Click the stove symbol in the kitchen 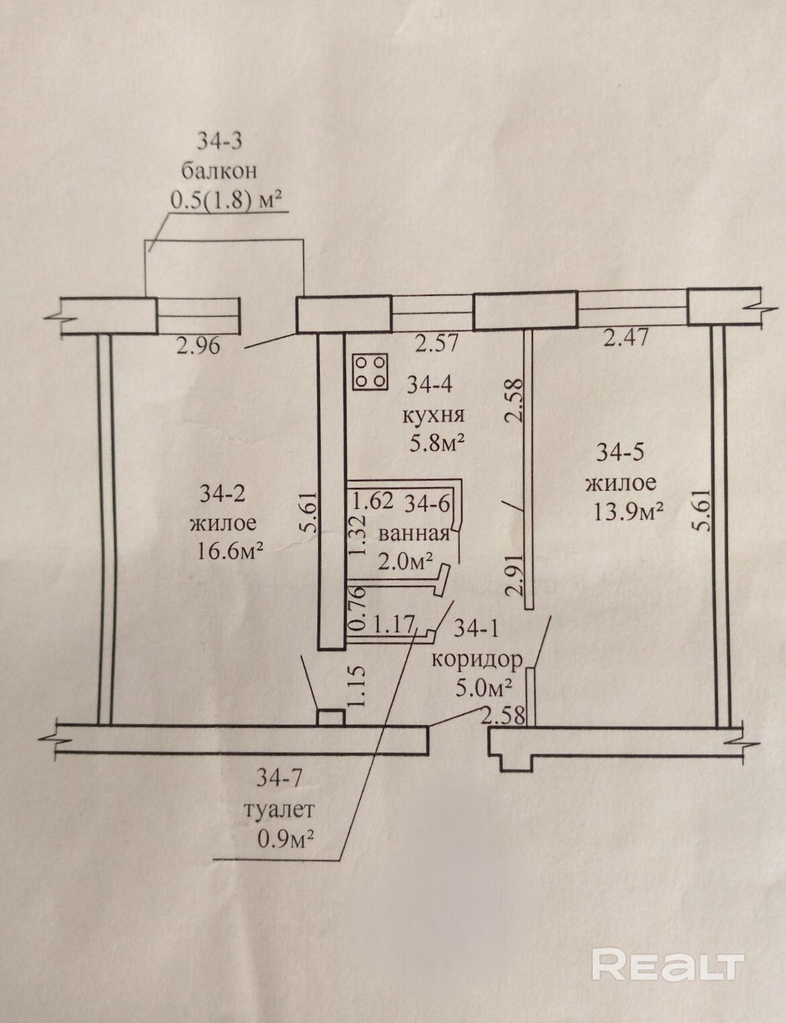click(x=369, y=371)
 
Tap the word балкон click(x=218, y=170)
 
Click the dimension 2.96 click(x=197, y=346)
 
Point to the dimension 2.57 click(x=437, y=344)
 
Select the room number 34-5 click(x=621, y=452)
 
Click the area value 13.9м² click(x=629, y=511)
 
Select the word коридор click(x=477, y=659)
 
